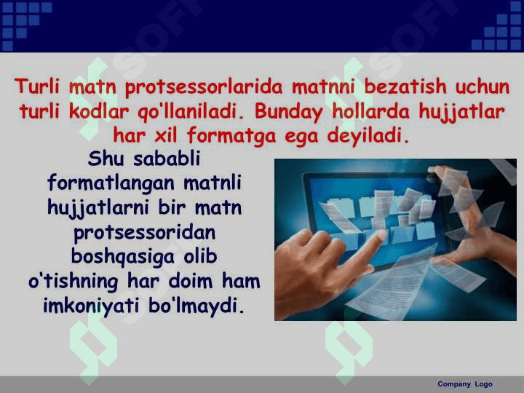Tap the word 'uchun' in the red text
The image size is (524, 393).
coord(483,87)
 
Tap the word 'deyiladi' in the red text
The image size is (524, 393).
coord(369,135)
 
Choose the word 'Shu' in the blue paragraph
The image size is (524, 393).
coord(103,158)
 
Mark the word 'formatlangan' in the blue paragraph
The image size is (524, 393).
coord(111,183)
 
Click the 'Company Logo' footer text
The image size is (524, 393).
coord(464,384)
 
